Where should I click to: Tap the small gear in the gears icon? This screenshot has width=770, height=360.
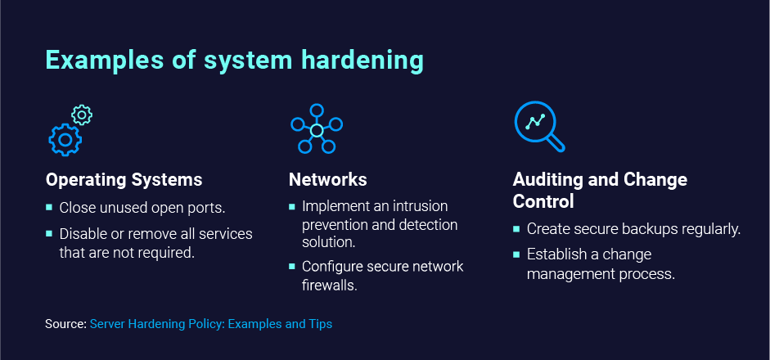(x=82, y=115)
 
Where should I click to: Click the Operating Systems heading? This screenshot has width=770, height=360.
(x=124, y=179)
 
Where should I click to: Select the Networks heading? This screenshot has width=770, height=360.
(x=327, y=179)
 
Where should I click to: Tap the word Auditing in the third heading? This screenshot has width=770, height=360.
(x=547, y=179)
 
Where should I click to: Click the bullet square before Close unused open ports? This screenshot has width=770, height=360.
(x=49, y=208)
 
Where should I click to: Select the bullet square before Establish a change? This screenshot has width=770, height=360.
(x=516, y=255)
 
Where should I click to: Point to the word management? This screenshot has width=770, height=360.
(x=568, y=273)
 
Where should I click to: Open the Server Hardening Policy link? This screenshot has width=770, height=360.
(x=211, y=324)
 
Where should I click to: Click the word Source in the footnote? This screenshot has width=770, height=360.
(x=64, y=324)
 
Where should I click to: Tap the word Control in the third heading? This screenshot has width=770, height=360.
(x=543, y=201)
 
